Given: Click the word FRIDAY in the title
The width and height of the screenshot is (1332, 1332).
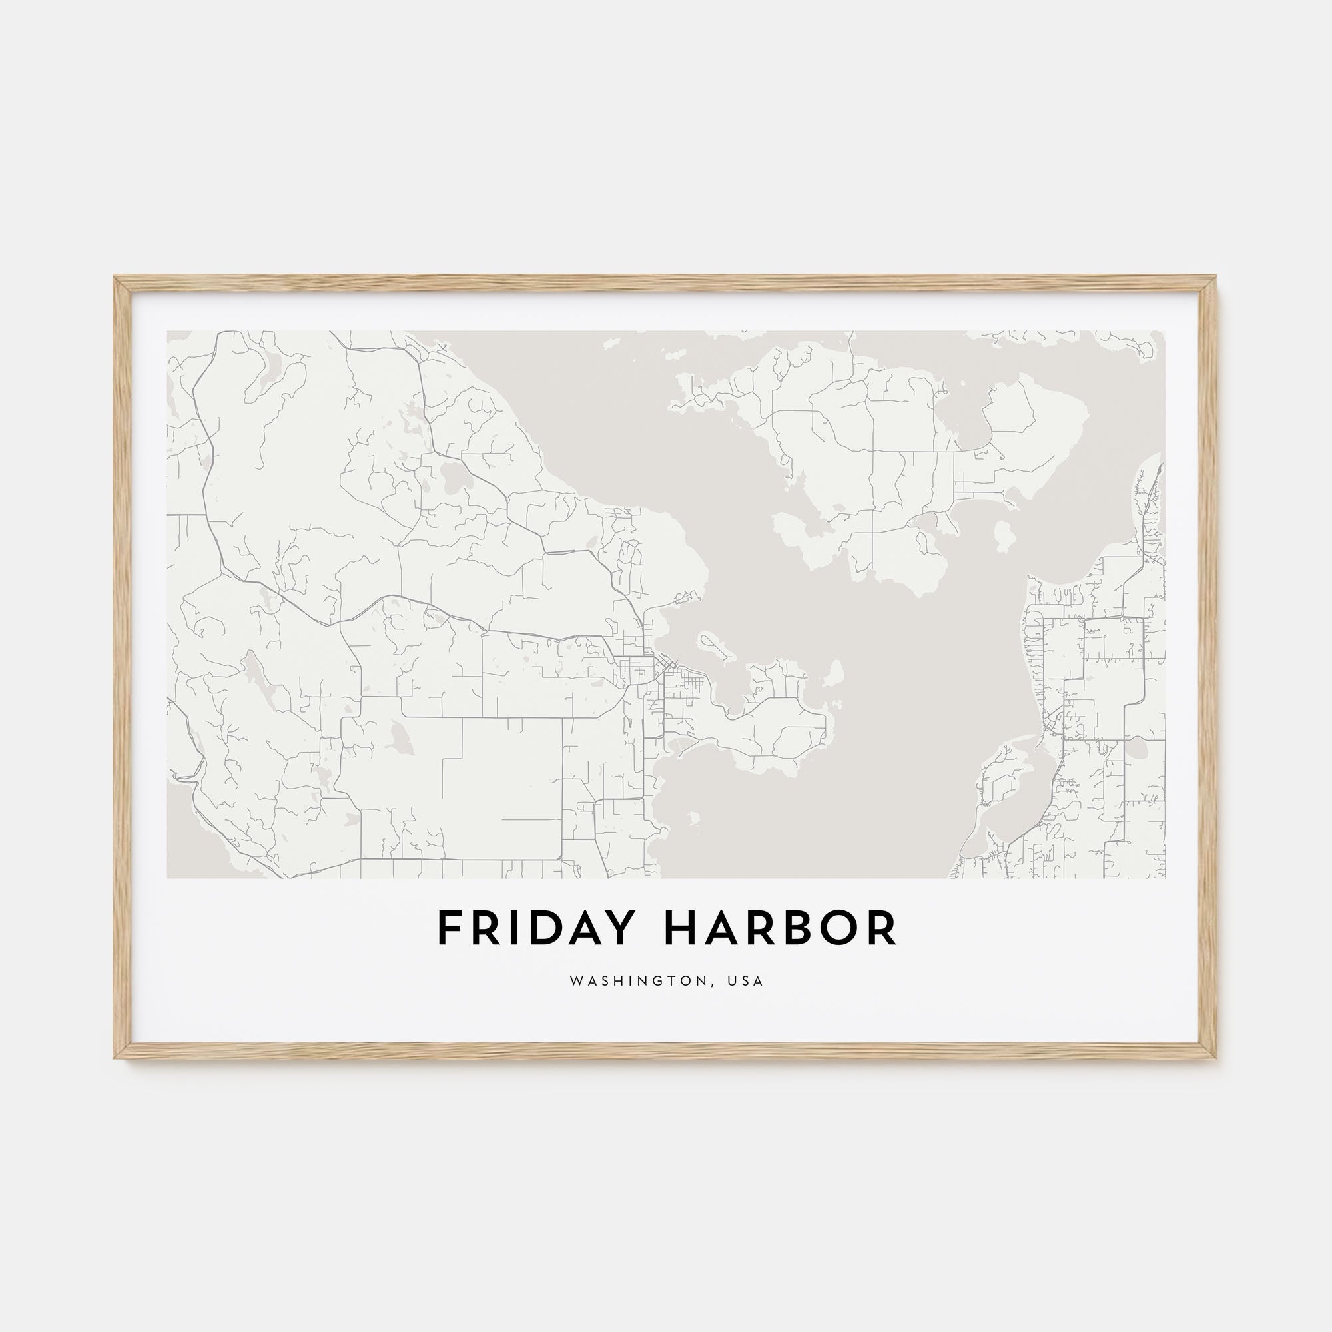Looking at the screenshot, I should coord(533,928).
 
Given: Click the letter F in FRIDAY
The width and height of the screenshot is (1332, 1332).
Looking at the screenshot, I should coord(449,928).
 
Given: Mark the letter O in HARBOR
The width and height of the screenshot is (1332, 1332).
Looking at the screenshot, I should coord(840,928).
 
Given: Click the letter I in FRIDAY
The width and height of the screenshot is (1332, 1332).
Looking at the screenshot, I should coord(510,928).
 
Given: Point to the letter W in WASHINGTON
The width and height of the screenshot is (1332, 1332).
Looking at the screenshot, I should coord(575,981).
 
